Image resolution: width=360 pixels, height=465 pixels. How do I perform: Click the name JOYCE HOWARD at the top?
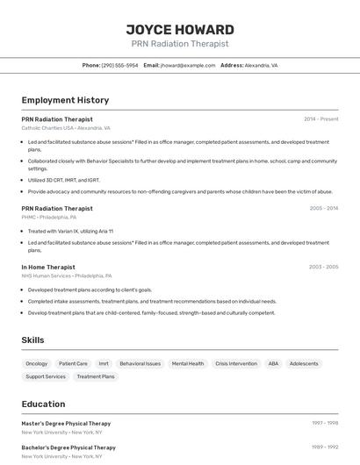click(x=180, y=29)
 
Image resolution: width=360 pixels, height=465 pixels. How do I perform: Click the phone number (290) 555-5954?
click(x=119, y=65)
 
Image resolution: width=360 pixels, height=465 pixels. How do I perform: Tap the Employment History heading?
click(x=65, y=100)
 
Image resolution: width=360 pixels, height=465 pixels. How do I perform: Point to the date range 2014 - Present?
click(x=320, y=118)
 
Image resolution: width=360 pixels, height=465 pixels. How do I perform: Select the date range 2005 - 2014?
click(x=323, y=208)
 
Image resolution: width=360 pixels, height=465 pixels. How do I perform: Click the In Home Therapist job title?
click(x=48, y=267)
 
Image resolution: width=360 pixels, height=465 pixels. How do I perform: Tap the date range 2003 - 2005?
click(x=323, y=267)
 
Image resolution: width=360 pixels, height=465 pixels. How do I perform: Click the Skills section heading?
click(x=33, y=340)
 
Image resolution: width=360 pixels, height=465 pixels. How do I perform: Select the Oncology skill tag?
click(x=37, y=363)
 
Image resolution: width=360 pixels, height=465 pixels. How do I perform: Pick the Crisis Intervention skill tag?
click(x=236, y=363)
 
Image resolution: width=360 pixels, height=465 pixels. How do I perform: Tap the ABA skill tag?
click(x=273, y=363)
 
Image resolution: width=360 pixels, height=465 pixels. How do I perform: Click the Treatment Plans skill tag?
click(x=96, y=376)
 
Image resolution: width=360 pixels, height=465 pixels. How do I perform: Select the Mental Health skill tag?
click(x=188, y=363)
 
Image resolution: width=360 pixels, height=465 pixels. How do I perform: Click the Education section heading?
click(x=43, y=404)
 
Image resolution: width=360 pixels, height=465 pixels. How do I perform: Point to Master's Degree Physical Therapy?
click(x=66, y=423)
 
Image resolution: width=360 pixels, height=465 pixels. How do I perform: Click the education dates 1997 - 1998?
click(x=325, y=423)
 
